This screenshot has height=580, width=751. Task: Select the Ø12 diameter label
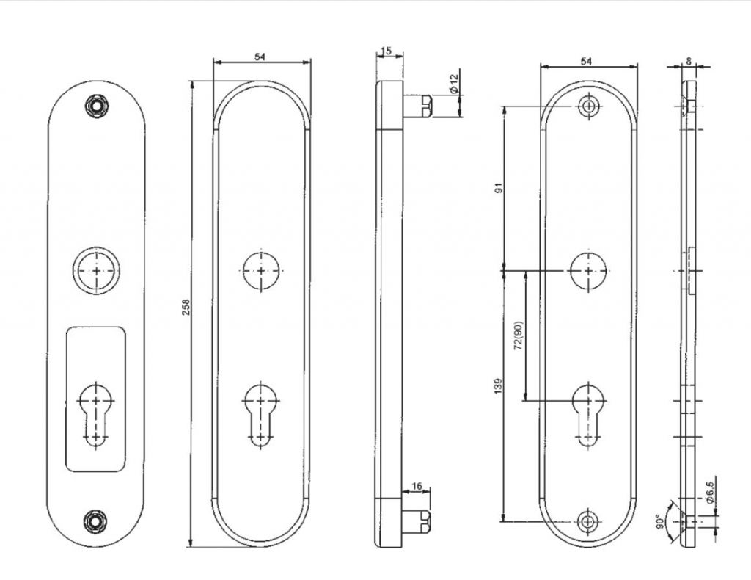tap(453, 83)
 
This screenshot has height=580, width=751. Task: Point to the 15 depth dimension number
tap(387, 51)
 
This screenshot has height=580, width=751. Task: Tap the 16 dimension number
tap(417, 486)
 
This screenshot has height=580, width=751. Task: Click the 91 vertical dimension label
tap(499, 189)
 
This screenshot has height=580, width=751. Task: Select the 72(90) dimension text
tap(519, 336)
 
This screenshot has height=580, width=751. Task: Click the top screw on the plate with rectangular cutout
tap(95, 105)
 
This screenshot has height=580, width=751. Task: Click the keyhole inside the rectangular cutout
tap(95, 412)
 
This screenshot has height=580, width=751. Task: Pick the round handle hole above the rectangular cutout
tap(95, 271)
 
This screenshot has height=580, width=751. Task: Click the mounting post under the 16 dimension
tap(418, 520)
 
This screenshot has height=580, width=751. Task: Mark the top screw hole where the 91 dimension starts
tap(587, 106)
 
